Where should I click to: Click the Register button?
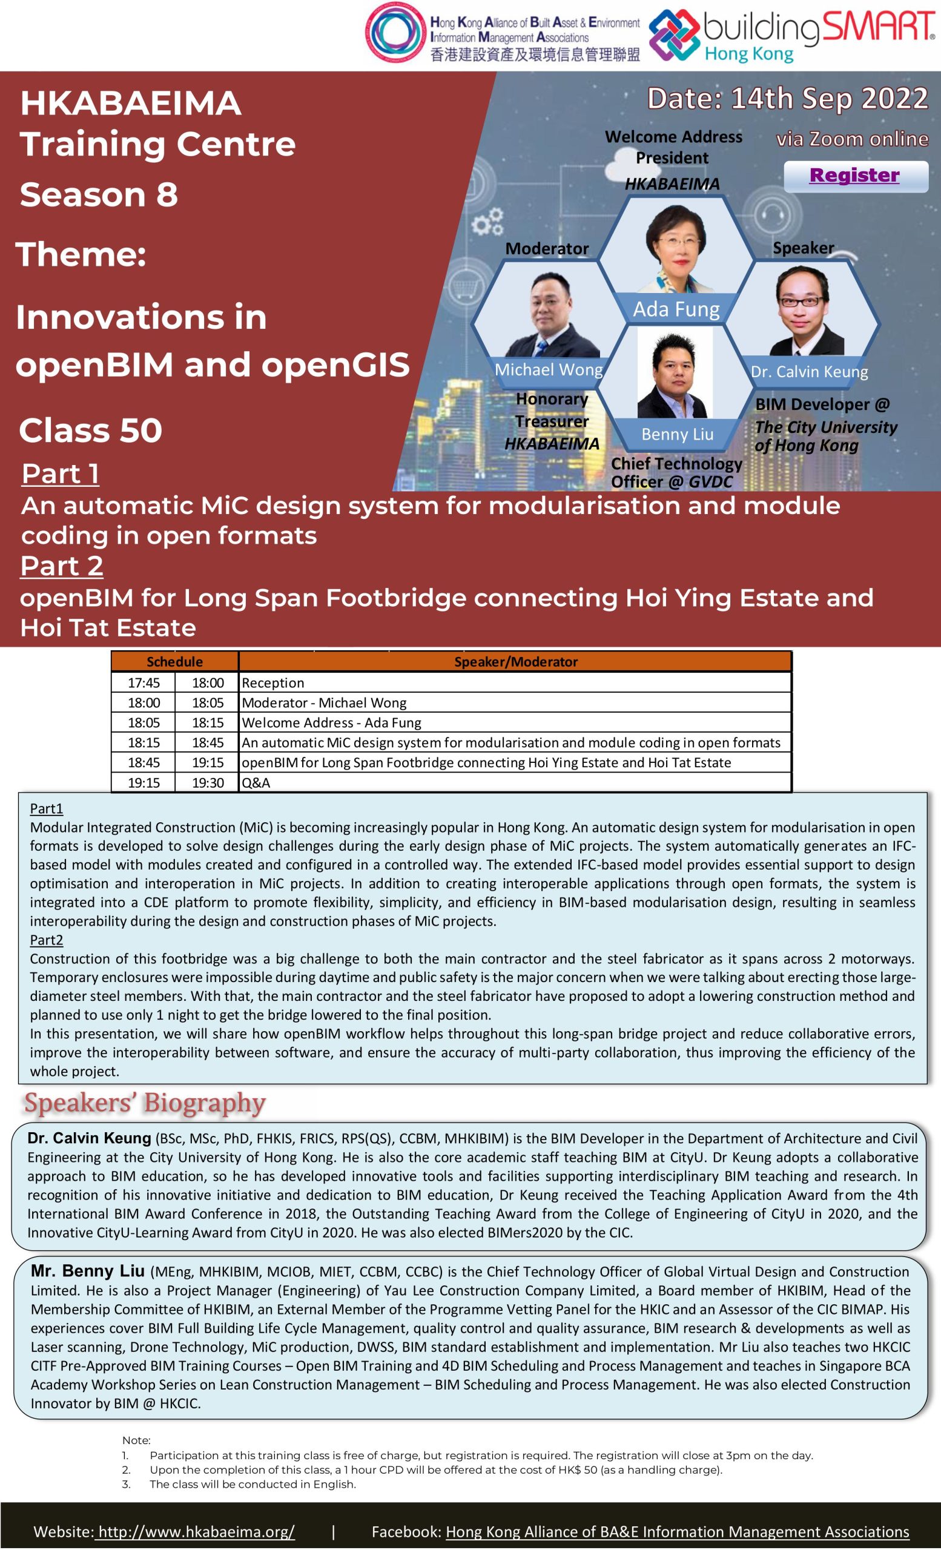[x=855, y=176]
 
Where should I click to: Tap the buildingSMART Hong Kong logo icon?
[x=674, y=35]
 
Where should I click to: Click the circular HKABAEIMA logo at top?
[x=394, y=33]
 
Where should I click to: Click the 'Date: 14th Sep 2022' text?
[x=788, y=99]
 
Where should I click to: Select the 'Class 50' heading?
[x=91, y=431]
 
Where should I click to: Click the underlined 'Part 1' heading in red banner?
[x=61, y=474]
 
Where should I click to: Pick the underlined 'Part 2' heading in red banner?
[x=62, y=566]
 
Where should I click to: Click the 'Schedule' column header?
[x=174, y=662]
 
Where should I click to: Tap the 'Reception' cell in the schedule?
[x=273, y=683]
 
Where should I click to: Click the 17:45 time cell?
[x=144, y=683]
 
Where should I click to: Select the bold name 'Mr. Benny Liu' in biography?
[x=87, y=1271]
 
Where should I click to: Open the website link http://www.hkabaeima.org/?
[x=196, y=1531]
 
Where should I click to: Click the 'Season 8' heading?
[x=99, y=194]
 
